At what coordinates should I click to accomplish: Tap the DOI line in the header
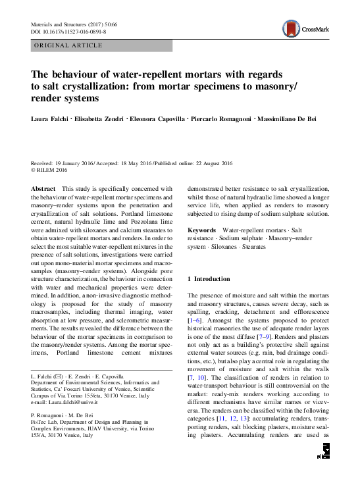(68, 31)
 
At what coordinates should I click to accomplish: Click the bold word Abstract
(43, 188)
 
